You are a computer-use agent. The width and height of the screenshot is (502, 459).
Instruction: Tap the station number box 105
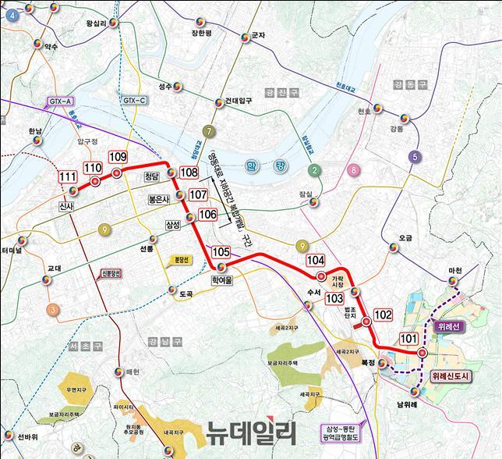coord(221,251)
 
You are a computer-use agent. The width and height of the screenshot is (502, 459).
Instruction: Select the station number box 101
coord(408,339)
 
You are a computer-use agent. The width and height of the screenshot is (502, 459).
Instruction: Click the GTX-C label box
coord(134,101)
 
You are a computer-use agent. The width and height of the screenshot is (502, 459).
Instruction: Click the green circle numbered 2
coord(315,171)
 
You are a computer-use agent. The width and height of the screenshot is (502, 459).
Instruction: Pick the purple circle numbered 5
coord(415,157)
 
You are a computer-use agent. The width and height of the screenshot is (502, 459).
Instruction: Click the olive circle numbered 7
coord(208,130)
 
